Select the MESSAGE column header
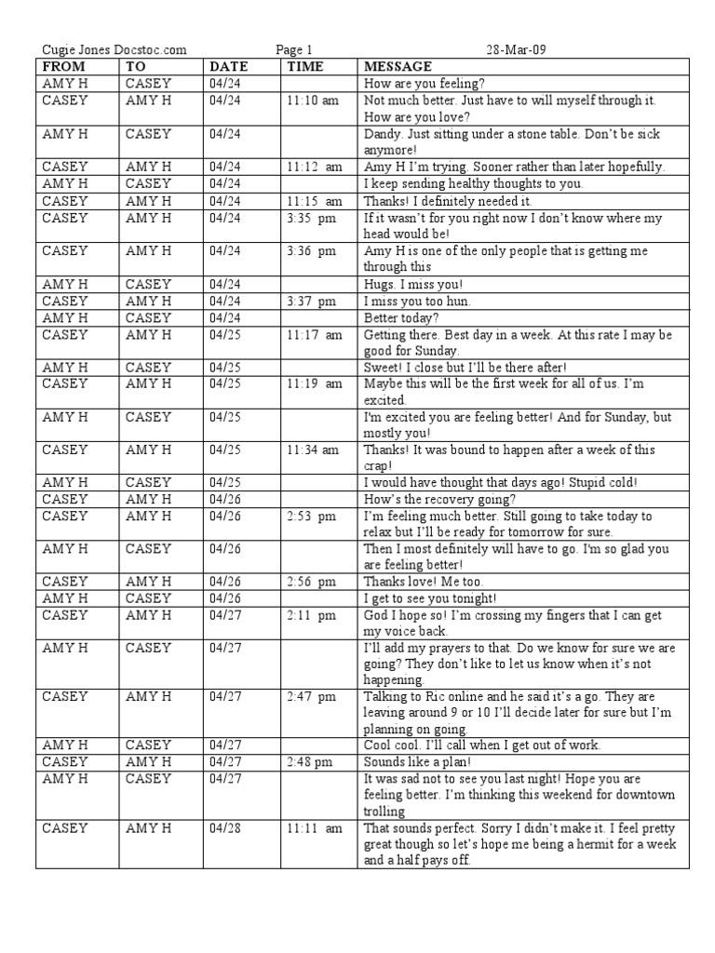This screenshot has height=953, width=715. tap(398, 67)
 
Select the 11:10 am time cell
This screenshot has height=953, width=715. tap(313, 101)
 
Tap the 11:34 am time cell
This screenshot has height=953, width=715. tap(313, 450)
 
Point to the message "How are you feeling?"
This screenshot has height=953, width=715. tap(412, 84)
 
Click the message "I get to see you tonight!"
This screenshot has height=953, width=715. tap(428, 599)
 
